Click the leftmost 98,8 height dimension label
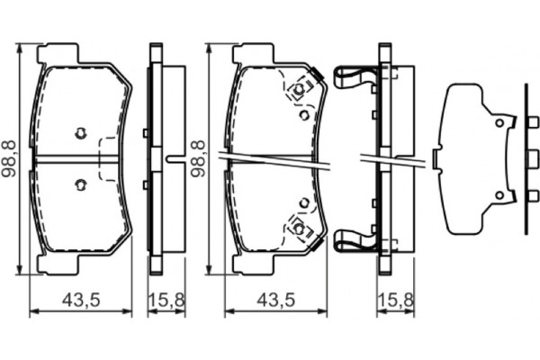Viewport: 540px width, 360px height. tap(9, 157)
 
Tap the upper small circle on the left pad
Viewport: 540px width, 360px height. tap(80, 134)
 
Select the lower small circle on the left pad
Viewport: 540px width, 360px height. tap(80, 185)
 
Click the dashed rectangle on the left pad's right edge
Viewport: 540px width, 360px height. tap(108, 159)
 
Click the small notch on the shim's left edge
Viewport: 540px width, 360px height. tap(436, 159)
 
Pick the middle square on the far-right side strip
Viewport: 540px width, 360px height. tap(526, 159)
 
